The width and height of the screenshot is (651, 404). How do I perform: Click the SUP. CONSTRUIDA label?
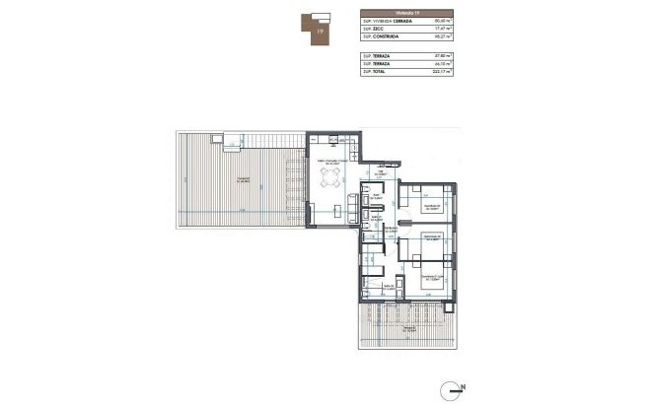[380, 37]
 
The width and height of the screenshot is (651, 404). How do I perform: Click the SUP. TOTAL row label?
[373, 73]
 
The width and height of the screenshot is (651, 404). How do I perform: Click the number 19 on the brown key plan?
[320, 33]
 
